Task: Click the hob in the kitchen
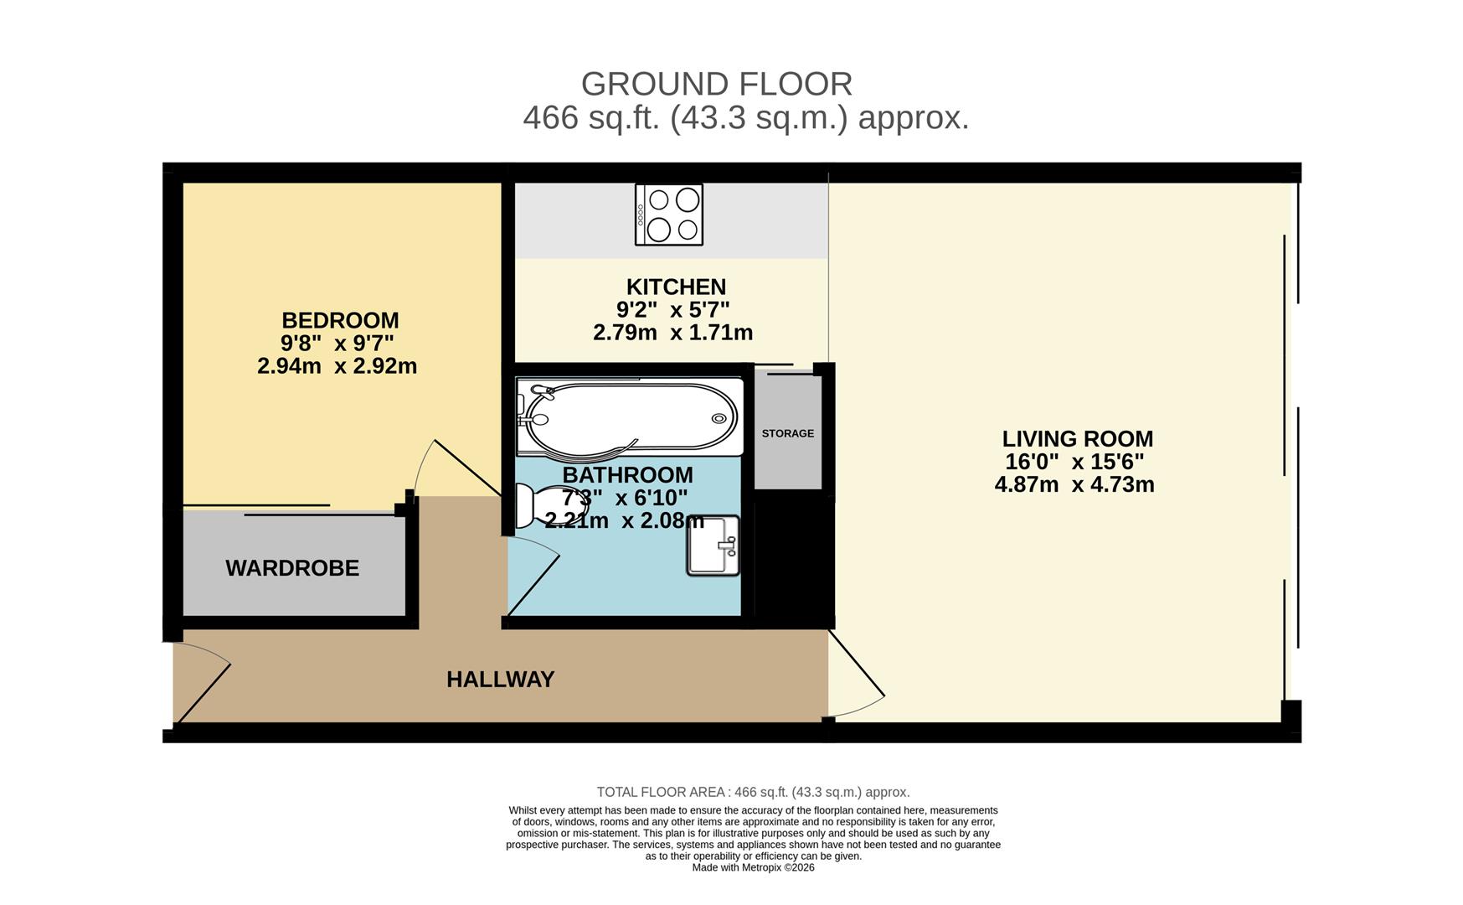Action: [668, 215]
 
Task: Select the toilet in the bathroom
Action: [549, 506]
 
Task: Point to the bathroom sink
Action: [713, 546]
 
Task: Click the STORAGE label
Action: [788, 433]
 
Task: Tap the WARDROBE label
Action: [292, 568]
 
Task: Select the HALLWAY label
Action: [501, 680]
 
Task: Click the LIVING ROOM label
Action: [1078, 439]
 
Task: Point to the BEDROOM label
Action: [340, 321]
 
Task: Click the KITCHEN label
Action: [676, 287]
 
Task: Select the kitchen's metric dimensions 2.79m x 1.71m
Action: [673, 333]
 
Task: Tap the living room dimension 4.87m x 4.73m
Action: [1074, 484]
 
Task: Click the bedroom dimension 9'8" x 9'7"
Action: [337, 343]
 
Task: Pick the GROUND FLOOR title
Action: [717, 84]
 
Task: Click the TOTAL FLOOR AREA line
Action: [753, 792]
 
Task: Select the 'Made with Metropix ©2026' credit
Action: [753, 868]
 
